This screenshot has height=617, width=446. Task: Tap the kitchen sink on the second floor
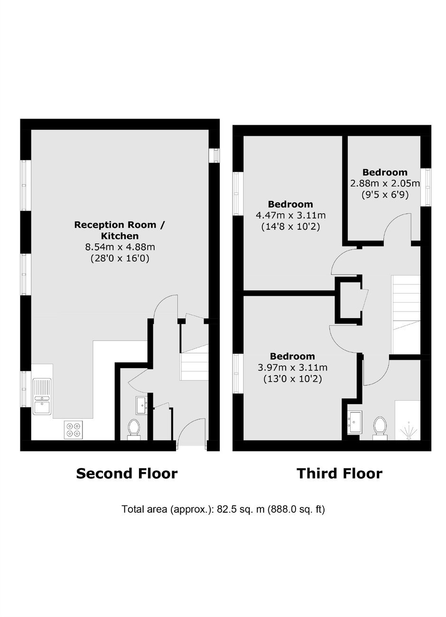[x=42, y=396]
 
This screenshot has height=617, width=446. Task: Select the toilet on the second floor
[x=134, y=429]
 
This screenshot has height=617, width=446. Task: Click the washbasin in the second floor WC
[x=142, y=405]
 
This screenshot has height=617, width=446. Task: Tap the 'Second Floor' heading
[x=127, y=474]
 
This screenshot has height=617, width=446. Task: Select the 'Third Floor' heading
[x=339, y=474]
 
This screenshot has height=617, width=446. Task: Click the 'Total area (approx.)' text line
[x=223, y=509]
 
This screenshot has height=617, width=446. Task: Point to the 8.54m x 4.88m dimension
[x=120, y=247]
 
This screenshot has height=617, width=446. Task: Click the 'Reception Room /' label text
[x=120, y=225]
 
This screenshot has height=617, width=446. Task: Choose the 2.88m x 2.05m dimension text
[x=385, y=183]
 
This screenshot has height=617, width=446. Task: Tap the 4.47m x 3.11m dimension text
[x=290, y=215]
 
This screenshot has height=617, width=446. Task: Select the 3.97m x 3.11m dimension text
[x=292, y=368]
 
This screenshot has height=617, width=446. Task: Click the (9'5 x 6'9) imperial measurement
[x=385, y=195]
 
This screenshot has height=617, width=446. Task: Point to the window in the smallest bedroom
[x=427, y=187]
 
